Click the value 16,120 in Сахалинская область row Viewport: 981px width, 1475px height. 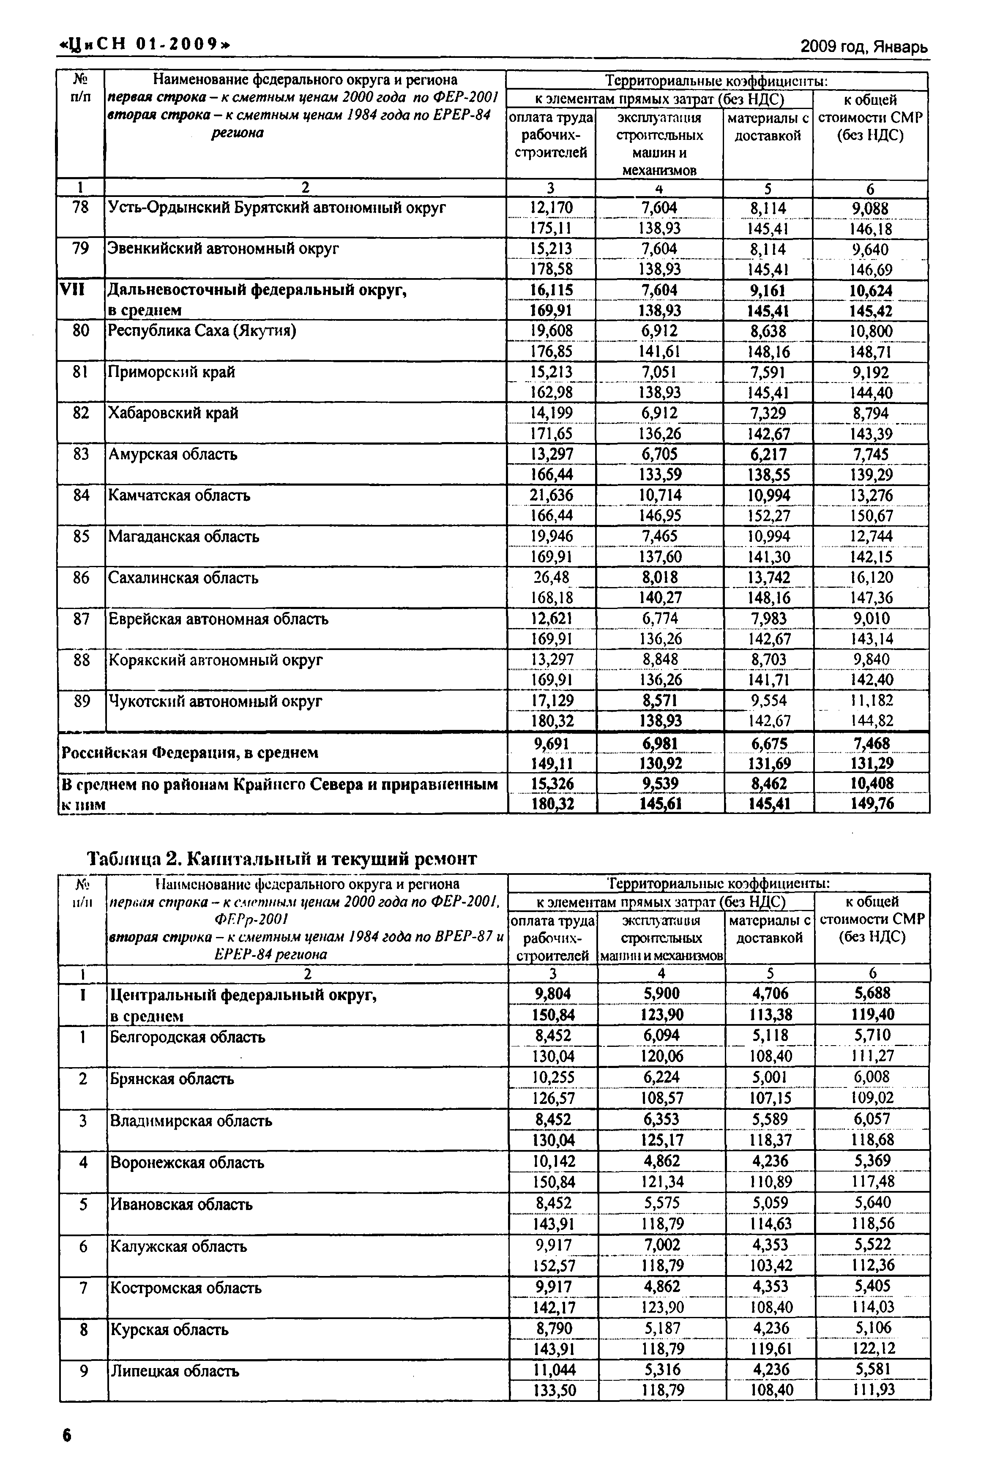click(x=871, y=577)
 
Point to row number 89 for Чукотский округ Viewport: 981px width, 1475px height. click(x=81, y=701)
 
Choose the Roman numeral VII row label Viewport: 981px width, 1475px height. click(x=71, y=290)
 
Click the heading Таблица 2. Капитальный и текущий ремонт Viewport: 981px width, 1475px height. click(x=282, y=859)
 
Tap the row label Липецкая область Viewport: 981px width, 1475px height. click(x=175, y=1371)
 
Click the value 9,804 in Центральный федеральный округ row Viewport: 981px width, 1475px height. click(x=553, y=994)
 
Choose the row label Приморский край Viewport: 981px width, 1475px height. click(x=172, y=372)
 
